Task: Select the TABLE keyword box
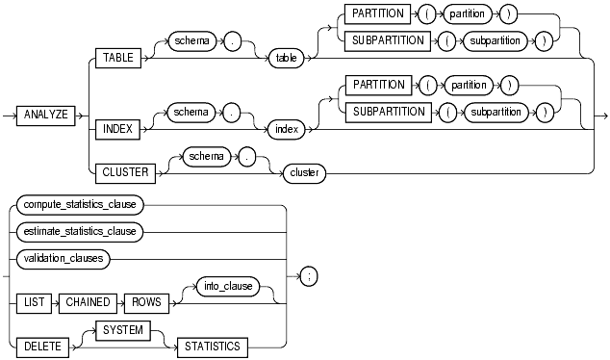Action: pos(117,59)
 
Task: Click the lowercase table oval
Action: pos(286,59)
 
